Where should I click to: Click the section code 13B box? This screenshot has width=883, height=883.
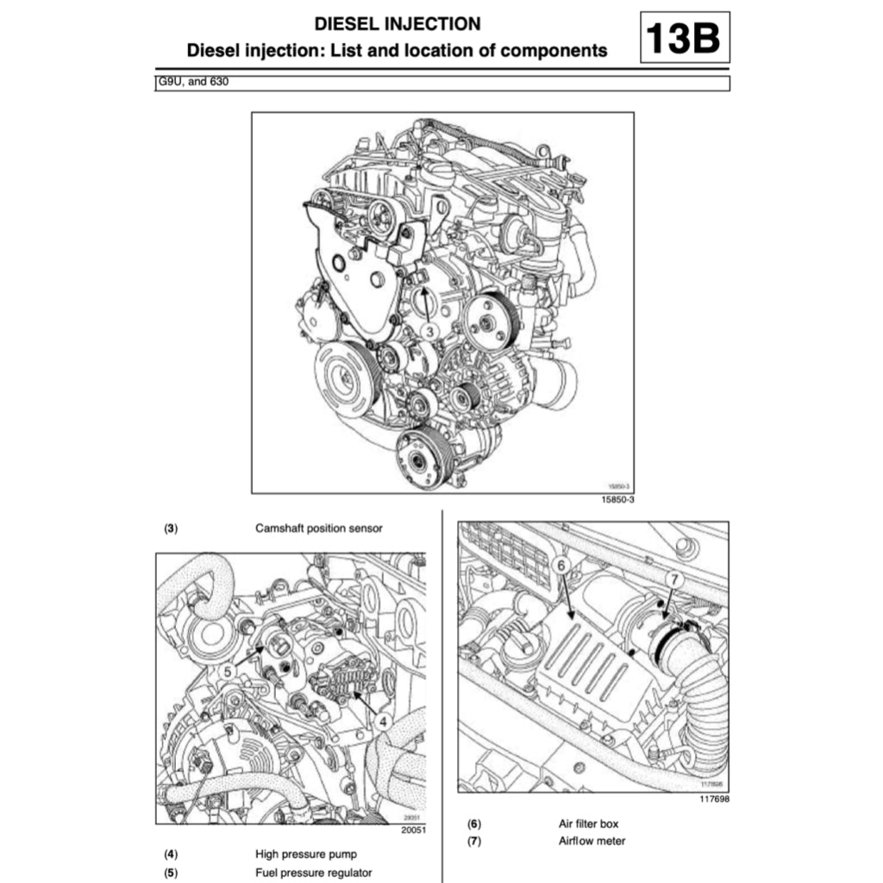(684, 39)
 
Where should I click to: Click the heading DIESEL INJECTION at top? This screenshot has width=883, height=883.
(397, 23)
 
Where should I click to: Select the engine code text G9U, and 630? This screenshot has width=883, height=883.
(188, 83)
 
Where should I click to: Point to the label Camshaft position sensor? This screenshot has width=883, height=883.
(318, 528)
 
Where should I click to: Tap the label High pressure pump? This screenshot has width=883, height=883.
(305, 855)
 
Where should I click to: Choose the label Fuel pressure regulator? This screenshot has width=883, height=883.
(314, 873)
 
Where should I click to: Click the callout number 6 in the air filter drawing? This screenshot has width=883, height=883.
(560, 566)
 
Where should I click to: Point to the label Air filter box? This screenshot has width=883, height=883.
(588, 824)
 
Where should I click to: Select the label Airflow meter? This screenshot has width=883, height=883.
(592, 841)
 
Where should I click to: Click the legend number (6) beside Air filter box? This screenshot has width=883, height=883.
(474, 824)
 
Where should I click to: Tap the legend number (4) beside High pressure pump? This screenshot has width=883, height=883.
(171, 855)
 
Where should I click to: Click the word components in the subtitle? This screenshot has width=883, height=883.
(555, 51)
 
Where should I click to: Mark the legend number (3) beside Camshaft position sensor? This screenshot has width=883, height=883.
(171, 528)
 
